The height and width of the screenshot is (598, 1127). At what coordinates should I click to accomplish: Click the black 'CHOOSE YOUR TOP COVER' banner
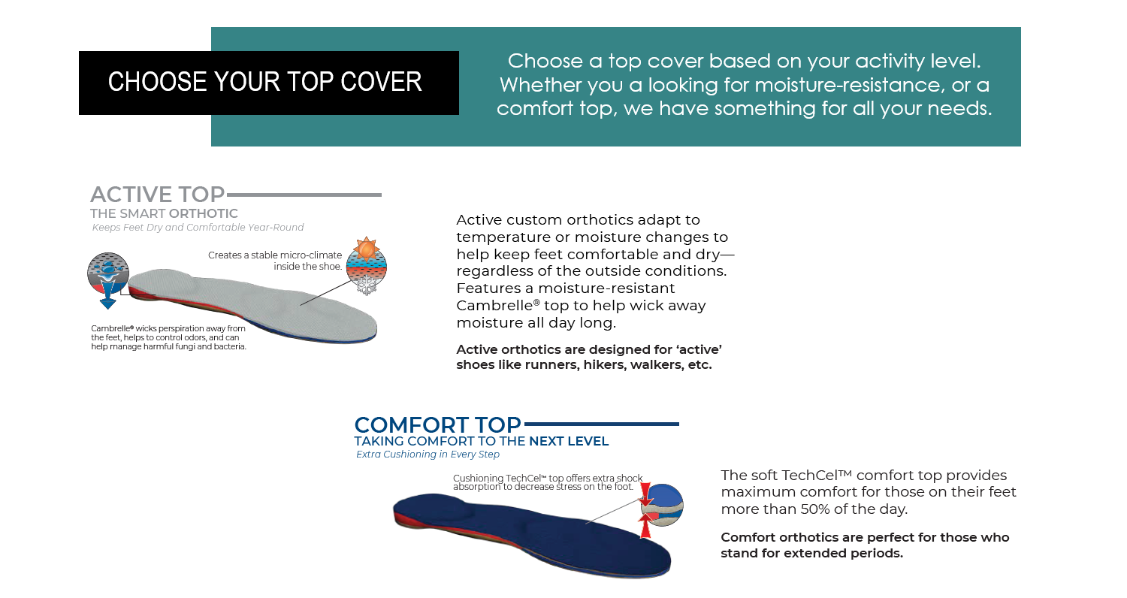pos(269,83)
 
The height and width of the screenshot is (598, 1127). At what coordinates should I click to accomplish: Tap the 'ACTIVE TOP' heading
pos(158,195)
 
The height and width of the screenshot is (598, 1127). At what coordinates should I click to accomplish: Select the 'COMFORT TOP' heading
pos(438,425)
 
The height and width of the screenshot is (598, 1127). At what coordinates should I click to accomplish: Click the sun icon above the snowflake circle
pos(367,249)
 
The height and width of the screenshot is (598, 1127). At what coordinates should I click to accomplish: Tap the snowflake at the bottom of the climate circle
pos(367,285)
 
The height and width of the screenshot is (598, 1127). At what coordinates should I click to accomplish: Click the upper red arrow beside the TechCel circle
pos(645,494)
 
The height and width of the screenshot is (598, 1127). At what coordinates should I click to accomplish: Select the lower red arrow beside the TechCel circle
pos(645,526)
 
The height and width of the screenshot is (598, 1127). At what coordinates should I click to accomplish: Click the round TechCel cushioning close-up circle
pos(662,505)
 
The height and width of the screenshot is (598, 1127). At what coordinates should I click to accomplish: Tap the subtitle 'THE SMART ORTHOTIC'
pos(164,214)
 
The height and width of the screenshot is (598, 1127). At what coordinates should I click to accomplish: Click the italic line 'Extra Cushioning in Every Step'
pos(428,455)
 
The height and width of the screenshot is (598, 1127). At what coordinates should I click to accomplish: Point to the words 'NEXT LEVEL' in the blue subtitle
pos(569,441)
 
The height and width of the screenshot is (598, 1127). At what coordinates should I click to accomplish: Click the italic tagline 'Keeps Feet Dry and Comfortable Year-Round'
pos(198,228)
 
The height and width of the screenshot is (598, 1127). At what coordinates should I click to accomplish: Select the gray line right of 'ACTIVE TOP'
pos(304,195)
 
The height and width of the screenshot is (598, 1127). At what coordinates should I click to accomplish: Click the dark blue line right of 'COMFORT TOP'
pos(601,424)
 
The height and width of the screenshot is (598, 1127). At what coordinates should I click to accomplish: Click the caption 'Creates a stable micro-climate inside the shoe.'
pos(275,261)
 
